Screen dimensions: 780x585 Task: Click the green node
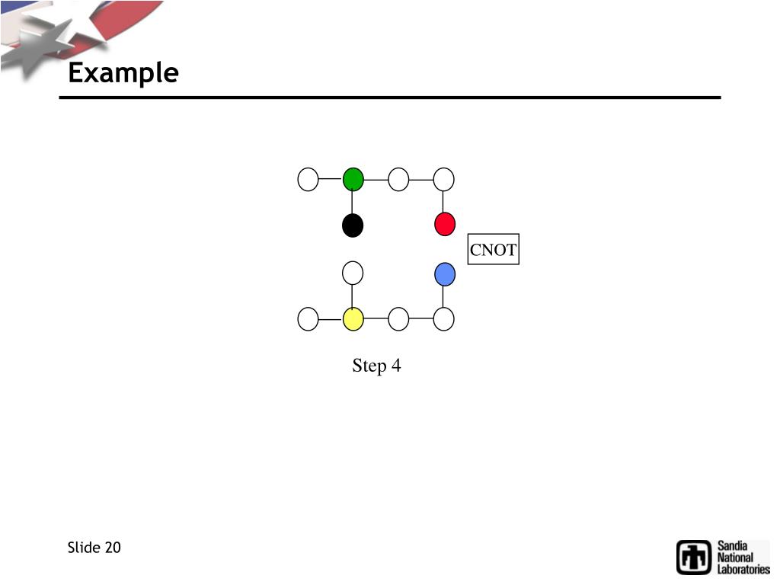[353, 180]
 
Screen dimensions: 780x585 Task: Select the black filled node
[353, 225]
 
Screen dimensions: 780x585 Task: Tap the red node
[445, 225]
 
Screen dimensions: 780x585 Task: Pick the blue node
[445, 273]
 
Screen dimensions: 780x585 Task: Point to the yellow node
[353, 319]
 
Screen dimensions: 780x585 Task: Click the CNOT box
[493, 250]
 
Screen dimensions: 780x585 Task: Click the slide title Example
[123, 74]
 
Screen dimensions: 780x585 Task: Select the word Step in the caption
[369, 366]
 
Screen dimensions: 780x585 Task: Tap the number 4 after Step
[396, 366]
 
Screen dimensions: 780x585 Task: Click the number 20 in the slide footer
[113, 548]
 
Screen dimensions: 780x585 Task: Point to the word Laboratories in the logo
[743, 569]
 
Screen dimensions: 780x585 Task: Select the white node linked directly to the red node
[444, 180]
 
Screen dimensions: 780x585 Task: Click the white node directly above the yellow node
[353, 272]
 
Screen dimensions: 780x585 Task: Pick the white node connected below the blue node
[444, 319]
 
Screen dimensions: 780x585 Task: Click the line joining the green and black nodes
[353, 203]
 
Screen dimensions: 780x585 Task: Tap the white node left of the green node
[308, 180]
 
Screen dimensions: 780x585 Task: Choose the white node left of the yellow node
[308, 319]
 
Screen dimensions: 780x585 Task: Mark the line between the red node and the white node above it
[444, 202]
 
